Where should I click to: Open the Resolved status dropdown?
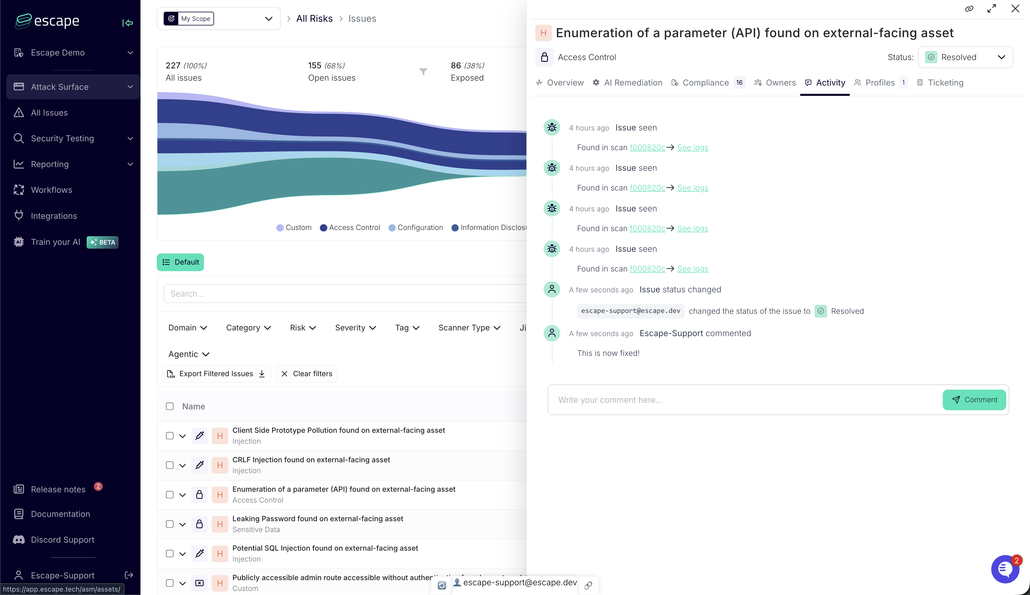coord(965,57)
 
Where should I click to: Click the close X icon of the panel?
coord(1015,9)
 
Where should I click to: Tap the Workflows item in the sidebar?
coord(51,190)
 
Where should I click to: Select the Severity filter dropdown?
coord(355,328)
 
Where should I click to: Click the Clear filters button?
coord(306,374)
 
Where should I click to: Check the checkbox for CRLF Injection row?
coord(170,465)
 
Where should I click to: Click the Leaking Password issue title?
coord(318,519)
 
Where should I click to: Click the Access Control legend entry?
coord(350,228)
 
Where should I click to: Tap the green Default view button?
coord(180,262)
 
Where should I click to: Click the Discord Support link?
coord(63,540)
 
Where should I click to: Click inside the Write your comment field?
coord(744,400)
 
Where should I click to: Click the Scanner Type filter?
coord(469,328)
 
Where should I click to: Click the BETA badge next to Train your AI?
coord(103,242)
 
